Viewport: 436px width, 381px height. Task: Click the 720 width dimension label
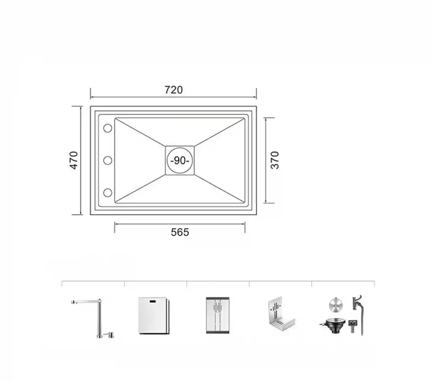coord(174,90)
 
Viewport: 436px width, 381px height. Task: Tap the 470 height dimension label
coord(74,160)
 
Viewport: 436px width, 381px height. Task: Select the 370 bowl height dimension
coord(275,160)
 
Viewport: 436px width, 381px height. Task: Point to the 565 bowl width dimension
coord(180,232)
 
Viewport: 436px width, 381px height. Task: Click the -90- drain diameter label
coord(180,160)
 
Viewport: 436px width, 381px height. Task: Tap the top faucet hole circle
coord(108,128)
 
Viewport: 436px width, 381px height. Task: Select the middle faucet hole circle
coord(108,160)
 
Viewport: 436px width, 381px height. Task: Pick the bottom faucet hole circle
coord(108,193)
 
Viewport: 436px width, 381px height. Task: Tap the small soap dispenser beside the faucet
coord(109,336)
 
